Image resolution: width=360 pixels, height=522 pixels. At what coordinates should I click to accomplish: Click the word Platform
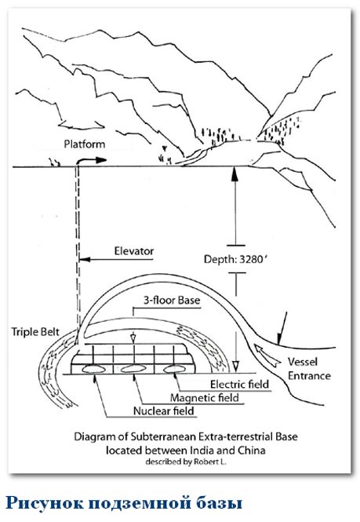(85, 144)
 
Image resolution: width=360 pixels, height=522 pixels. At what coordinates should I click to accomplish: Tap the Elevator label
(134, 250)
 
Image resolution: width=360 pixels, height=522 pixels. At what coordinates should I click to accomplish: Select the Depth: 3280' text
(235, 259)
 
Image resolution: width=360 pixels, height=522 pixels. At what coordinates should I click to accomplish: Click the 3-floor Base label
(172, 301)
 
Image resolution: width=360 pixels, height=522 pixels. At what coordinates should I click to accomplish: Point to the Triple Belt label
(35, 331)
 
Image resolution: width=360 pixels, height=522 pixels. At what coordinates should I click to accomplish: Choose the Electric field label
(239, 384)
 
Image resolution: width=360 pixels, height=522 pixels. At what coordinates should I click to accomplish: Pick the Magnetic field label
(205, 397)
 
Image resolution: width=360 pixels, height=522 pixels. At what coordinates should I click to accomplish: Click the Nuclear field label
(164, 411)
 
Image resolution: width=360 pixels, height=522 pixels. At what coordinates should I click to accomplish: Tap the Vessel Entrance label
(309, 368)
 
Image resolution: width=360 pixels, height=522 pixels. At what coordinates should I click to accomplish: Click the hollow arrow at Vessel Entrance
(267, 356)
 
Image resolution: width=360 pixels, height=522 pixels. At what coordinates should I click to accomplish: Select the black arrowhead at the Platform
(101, 160)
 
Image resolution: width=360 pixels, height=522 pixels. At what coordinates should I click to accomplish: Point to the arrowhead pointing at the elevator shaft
(85, 259)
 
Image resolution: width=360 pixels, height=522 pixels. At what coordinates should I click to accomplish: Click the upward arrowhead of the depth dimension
(235, 173)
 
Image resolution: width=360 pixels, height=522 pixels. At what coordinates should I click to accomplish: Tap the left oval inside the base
(93, 368)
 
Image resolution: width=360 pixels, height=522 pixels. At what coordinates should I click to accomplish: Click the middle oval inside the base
(133, 368)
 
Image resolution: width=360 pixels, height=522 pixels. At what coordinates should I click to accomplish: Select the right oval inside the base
(173, 368)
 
